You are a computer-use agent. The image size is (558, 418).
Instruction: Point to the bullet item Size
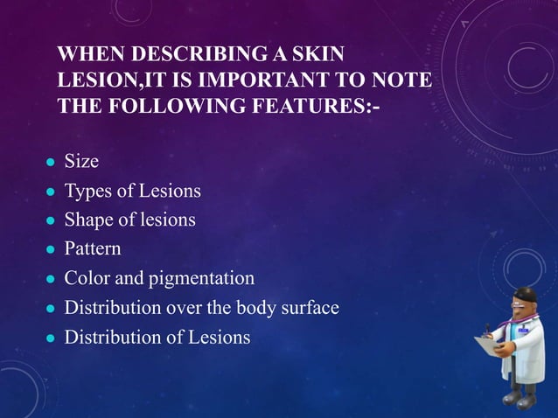81,162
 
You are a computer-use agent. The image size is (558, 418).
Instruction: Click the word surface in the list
306,308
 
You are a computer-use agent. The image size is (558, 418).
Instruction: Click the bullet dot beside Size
50,163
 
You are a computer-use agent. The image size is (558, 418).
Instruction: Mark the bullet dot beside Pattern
50,250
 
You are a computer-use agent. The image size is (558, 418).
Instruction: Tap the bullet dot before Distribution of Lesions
50,338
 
